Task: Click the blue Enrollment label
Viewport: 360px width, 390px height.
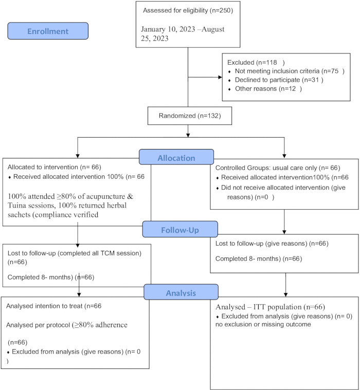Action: [x=48, y=31]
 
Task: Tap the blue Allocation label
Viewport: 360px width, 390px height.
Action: [x=176, y=157]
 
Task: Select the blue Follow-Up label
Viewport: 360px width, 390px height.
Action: [x=180, y=229]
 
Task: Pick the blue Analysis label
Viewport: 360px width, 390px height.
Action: [x=181, y=292]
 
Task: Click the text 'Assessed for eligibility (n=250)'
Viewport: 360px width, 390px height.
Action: [x=188, y=10]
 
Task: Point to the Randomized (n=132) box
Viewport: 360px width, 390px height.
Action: [x=190, y=116]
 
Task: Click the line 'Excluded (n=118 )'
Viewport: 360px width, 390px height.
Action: [x=256, y=62]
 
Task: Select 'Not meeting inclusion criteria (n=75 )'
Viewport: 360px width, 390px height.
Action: [x=290, y=71]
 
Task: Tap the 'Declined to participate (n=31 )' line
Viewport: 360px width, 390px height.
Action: [x=279, y=80]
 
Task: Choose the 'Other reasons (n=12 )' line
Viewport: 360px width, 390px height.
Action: [x=268, y=89]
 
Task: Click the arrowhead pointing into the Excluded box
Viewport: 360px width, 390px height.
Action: [x=220, y=78]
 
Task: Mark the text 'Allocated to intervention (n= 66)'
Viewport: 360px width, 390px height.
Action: [x=55, y=167]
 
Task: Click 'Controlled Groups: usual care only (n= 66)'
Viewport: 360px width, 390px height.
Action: [x=278, y=168]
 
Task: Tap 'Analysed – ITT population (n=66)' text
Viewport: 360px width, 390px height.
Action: [x=271, y=307]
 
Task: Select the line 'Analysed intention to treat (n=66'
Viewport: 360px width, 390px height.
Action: [x=54, y=306]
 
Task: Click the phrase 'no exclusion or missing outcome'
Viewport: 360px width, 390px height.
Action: [x=263, y=324]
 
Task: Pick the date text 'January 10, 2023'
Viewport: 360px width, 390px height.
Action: [x=168, y=29]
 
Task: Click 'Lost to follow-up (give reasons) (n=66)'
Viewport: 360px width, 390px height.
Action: [x=272, y=244]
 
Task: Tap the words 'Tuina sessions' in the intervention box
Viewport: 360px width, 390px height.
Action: [x=31, y=206]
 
